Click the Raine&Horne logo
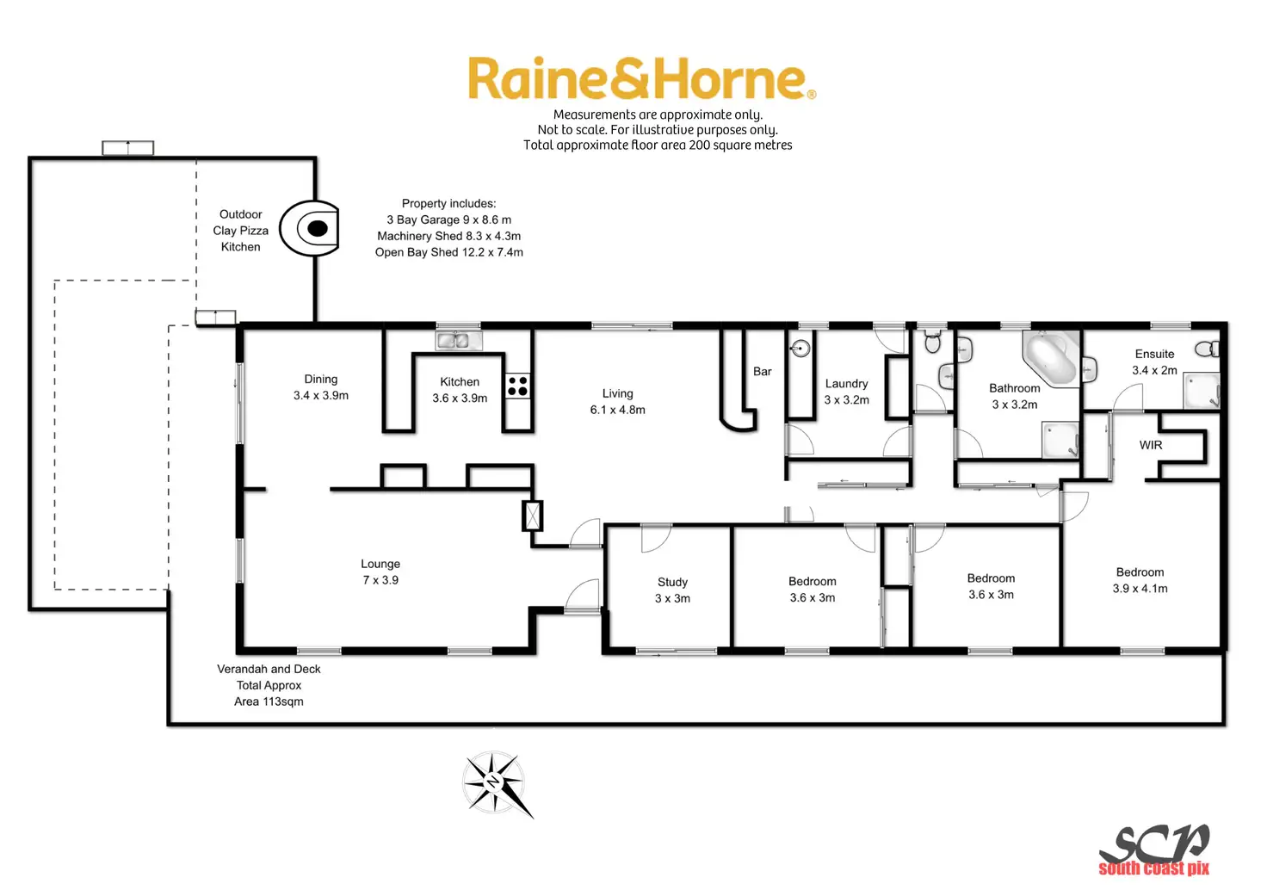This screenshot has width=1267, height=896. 641,79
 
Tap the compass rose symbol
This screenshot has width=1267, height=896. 495,782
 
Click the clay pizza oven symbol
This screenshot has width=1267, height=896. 312,229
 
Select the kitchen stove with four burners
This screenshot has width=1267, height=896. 517,386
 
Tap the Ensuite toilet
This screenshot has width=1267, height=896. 1208,349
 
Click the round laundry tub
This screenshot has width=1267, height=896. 800,349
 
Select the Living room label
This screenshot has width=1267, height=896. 617,393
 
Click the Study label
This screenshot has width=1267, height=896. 672,582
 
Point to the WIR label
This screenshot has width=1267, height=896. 1151,445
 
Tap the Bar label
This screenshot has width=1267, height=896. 762,371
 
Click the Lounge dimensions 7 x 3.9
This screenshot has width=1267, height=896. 380,580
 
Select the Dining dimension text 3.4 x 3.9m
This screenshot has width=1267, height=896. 321,395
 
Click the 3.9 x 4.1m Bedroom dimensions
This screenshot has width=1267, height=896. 1140,589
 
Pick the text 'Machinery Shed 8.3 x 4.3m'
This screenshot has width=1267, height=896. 448,236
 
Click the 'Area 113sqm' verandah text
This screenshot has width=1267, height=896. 269,701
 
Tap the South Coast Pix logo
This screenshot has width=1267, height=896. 1154,851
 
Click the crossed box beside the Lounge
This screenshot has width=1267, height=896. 533,515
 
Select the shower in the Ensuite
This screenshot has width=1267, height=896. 1202,390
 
